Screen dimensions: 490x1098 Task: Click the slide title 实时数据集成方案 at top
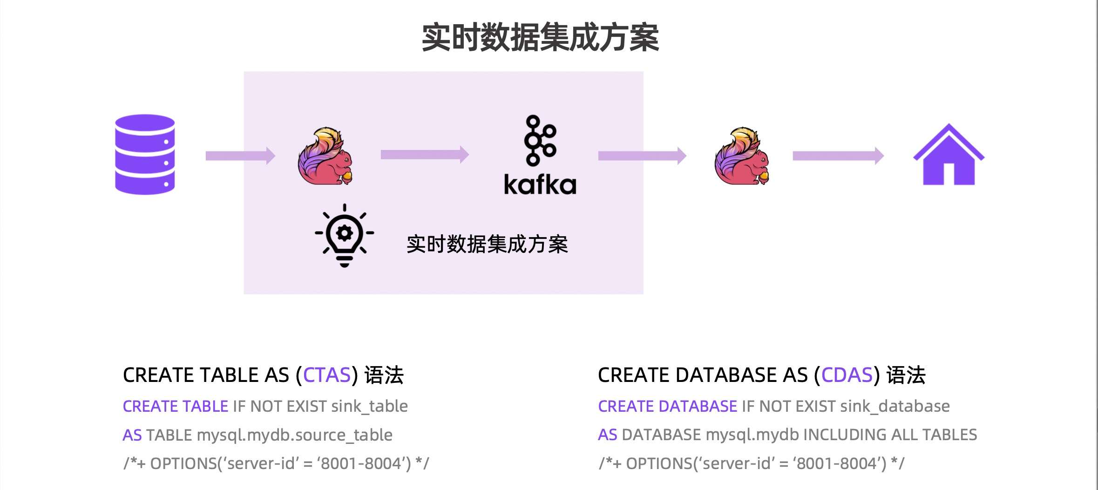point(540,37)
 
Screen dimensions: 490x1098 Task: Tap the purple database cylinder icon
point(145,154)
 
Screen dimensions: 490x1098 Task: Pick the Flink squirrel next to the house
point(742,157)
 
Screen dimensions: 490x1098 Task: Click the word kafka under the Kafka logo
point(540,184)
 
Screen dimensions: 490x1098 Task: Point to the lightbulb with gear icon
point(345,235)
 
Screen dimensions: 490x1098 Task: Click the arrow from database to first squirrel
point(240,156)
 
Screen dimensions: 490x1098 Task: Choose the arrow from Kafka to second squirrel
point(642,156)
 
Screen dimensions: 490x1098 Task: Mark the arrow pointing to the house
point(838,156)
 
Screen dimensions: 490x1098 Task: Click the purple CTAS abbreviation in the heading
point(327,375)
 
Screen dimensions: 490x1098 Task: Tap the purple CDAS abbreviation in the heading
point(847,375)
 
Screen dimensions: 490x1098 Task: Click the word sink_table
point(369,406)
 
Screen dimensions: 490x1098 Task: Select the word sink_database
point(895,406)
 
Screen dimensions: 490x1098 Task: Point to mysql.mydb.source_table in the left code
point(295,435)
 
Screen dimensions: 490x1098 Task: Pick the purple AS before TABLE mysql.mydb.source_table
point(132,435)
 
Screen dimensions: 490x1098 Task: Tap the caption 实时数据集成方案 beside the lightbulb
point(487,244)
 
